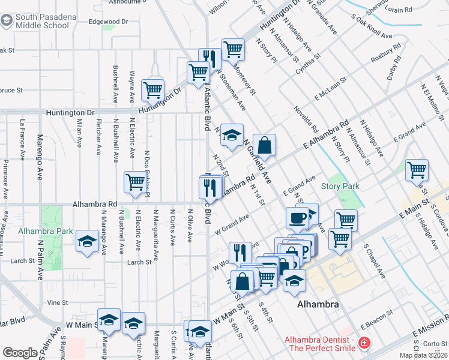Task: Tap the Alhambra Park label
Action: point(45,231)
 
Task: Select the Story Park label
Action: point(340,187)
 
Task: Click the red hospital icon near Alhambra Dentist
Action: point(363,344)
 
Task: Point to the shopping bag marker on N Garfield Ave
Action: point(264,146)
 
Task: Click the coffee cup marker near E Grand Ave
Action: point(297,218)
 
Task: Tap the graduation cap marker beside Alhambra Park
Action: point(88,242)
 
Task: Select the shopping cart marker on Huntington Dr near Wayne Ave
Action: point(153,91)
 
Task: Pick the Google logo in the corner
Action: point(19,353)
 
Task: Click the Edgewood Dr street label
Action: point(109,22)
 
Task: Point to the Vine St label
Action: point(58,303)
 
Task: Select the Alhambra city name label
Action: point(318,304)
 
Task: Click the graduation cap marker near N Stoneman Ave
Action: point(232,135)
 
